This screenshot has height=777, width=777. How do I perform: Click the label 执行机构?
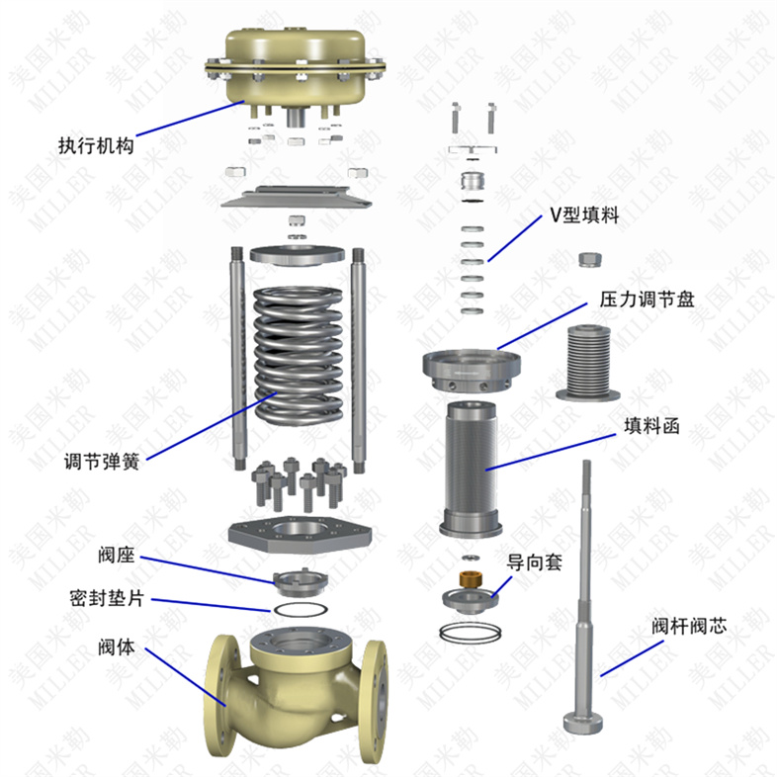tap(95, 147)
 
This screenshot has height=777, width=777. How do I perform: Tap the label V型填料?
tap(584, 216)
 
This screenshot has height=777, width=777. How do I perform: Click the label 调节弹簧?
tap(100, 463)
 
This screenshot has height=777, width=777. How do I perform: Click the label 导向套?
tap(535, 562)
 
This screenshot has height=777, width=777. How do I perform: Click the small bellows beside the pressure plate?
tap(588, 363)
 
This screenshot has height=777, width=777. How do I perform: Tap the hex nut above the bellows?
tap(589, 260)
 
